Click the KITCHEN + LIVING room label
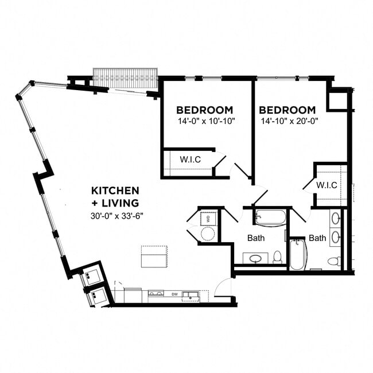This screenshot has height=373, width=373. (115, 196)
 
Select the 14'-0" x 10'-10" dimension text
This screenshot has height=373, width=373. (207, 121)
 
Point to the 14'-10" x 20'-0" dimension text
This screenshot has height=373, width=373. (289, 121)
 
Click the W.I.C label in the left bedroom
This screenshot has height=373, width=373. (190, 160)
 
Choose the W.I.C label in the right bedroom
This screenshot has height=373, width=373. (327, 185)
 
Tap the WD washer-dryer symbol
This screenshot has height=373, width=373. (208, 218)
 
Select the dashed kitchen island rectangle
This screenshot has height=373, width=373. (154, 257)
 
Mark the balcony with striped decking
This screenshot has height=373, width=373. (125, 78)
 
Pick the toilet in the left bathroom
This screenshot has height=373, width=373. (277, 257)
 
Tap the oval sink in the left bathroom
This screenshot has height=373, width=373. (257, 259)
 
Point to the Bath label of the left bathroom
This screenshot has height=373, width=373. (256, 238)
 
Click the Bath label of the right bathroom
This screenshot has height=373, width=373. (317, 238)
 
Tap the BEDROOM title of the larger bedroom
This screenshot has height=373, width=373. (287, 110)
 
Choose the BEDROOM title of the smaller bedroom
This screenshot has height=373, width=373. (204, 110)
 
